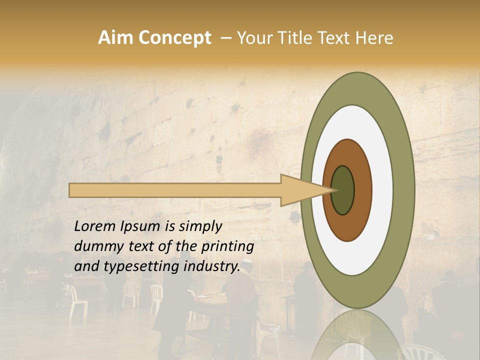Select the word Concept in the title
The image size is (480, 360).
click(x=175, y=38)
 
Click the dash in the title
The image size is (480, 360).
click(x=225, y=38)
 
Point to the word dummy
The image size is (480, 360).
click(x=96, y=246)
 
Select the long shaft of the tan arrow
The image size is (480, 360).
click(x=175, y=190)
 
